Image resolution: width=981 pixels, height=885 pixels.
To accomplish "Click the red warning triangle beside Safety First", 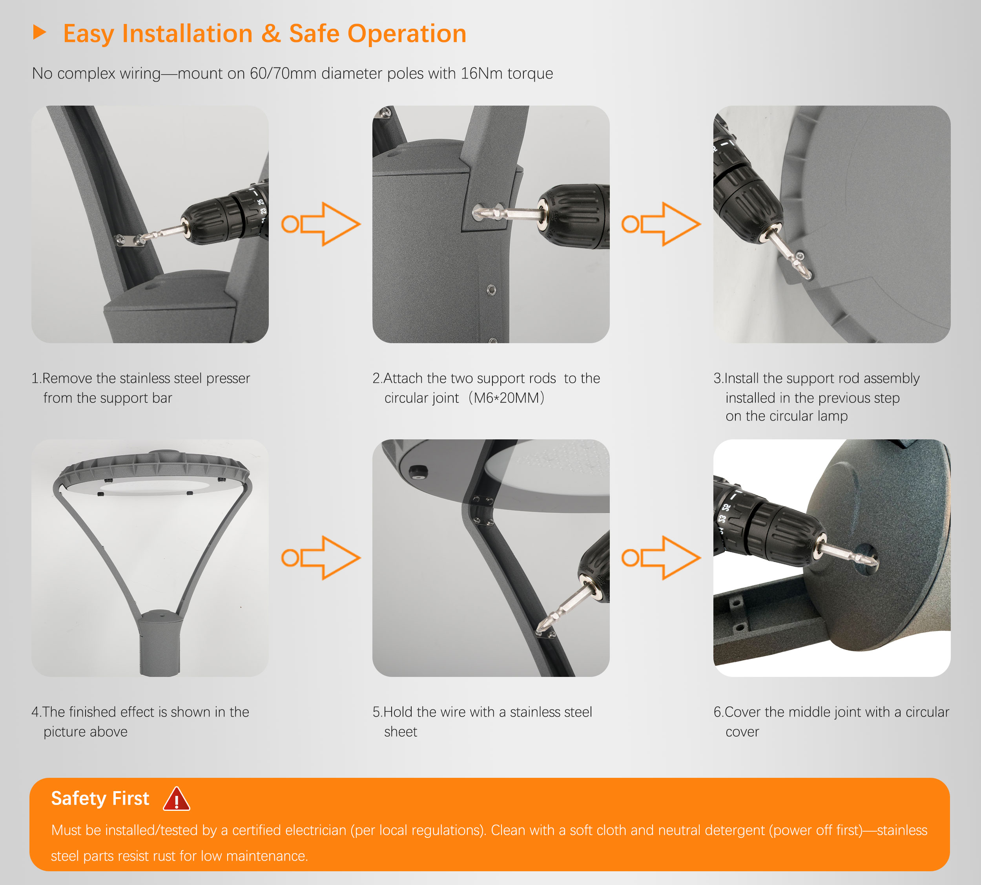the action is [176, 799].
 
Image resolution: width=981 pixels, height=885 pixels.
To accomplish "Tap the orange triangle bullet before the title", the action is [39, 33].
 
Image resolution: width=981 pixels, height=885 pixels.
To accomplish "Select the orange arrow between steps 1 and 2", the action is [321, 224].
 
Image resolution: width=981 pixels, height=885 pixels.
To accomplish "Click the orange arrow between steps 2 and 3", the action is [661, 224].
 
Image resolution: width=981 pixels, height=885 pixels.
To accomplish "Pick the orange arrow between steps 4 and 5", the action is [321, 558].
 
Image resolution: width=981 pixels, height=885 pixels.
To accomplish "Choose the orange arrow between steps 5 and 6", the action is [661, 558].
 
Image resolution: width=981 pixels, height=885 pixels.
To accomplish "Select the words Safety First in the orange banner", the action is [100, 799].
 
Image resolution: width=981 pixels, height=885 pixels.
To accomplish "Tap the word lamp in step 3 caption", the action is [832, 416].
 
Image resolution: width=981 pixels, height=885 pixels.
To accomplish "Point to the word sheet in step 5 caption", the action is [401, 732].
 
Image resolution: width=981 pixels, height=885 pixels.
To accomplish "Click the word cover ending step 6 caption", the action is [742, 732].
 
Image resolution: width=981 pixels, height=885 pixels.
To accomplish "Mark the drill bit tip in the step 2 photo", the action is [476, 212].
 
